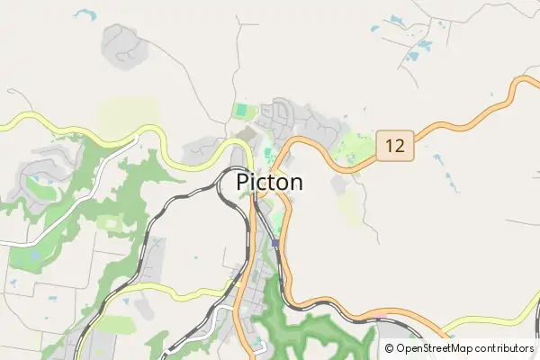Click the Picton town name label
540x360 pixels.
coord(269,182)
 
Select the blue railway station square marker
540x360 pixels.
coord(274,243)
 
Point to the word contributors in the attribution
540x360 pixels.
coord(503,347)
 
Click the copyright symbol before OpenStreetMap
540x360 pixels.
coord(389,347)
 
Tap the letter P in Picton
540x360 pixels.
coord(242,182)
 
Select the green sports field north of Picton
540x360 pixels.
coord(240,112)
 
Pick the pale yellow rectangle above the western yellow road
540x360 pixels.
coord(127,115)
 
